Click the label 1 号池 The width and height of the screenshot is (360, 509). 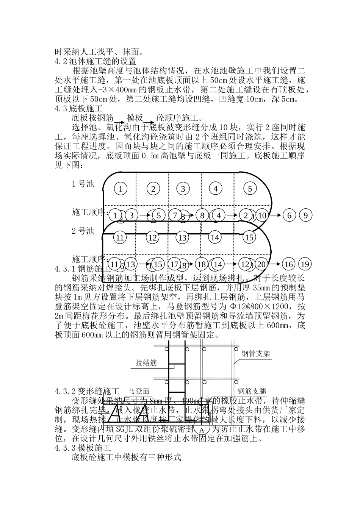(x=83, y=184)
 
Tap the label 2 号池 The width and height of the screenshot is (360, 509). (x=83, y=231)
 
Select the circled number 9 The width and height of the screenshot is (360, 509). (x=305, y=215)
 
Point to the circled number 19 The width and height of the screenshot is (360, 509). (x=305, y=264)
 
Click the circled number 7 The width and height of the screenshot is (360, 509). (x=175, y=215)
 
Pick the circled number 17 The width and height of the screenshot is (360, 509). (x=175, y=264)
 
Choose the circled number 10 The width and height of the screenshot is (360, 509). (x=262, y=215)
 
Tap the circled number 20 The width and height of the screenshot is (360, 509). (x=262, y=264)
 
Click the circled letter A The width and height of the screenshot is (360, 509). (x=202, y=430)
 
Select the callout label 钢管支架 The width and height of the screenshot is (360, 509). (x=256, y=354)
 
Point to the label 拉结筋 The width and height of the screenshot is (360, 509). (x=146, y=363)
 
